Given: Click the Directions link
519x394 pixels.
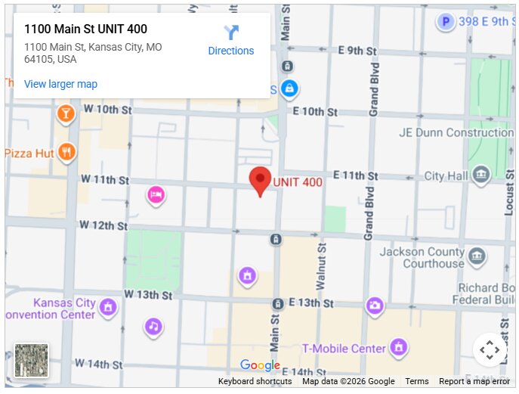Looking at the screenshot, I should tap(231, 42).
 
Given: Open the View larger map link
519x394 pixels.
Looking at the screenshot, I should tap(60, 84).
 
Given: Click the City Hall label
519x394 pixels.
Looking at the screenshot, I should tap(446, 176).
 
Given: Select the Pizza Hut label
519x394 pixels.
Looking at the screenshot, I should tap(29, 153).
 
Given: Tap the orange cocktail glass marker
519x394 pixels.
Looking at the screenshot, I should tap(66, 114).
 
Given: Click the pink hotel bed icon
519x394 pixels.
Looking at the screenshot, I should tap(156, 195).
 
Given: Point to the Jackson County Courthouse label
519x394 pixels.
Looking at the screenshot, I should tap(422, 258).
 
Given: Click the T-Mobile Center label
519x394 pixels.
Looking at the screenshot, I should tap(344, 349).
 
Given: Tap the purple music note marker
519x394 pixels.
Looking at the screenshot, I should tap(153, 327).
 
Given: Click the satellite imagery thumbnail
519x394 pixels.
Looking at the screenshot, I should tap(31, 360).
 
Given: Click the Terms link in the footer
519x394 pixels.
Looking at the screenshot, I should tap(416, 382).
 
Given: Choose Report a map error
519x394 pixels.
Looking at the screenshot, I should tap(474, 382).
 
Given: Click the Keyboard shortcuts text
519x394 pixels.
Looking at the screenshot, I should tap(255, 382).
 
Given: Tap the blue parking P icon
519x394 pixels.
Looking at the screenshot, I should tap(446, 22).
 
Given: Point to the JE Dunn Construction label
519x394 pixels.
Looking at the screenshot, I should tap(456, 132).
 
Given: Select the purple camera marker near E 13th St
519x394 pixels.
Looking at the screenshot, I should tap(375, 306).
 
